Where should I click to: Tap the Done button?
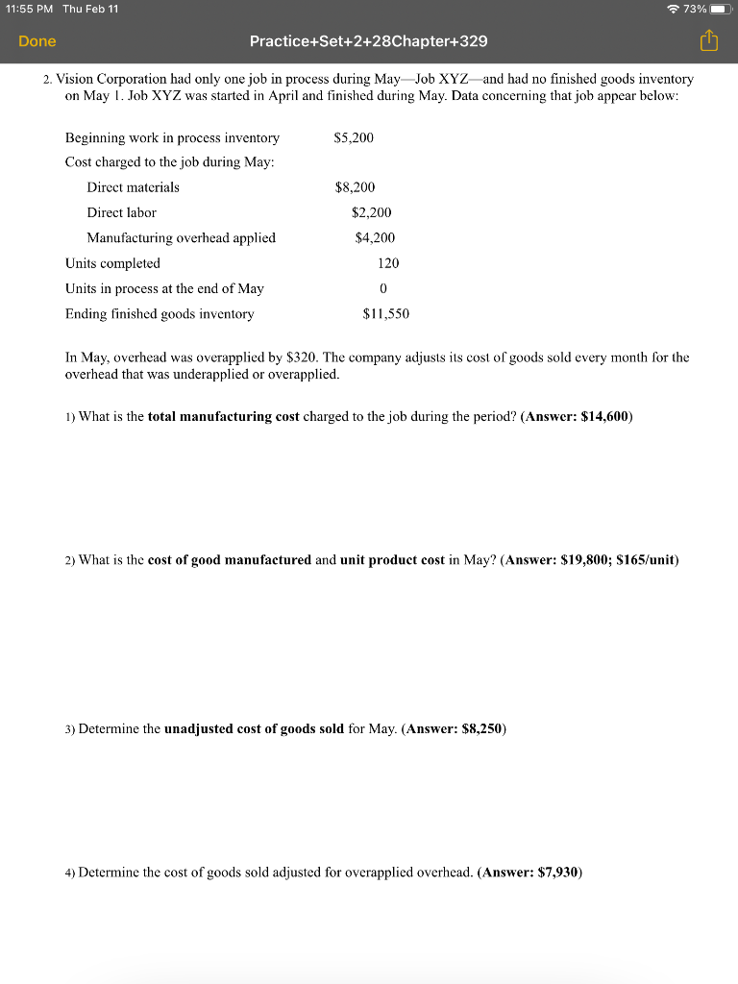click(37, 41)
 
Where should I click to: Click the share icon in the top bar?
click(708, 41)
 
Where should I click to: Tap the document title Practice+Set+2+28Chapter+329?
click(368, 41)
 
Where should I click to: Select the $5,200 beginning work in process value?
click(354, 137)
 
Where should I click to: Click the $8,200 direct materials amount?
click(355, 187)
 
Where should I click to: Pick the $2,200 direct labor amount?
click(372, 212)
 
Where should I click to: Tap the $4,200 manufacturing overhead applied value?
click(375, 237)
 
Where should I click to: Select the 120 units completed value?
click(388, 263)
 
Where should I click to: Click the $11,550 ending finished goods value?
click(386, 313)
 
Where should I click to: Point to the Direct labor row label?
click(121, 212)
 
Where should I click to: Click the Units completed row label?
click(112, 263)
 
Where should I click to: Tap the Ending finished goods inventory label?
click(160, 313)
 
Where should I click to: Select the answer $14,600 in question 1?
click(604, 416)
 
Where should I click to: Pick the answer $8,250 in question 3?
click(482, 728)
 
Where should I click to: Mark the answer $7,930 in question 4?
click(558, 873)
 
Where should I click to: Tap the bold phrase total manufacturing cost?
click(224, 416)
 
